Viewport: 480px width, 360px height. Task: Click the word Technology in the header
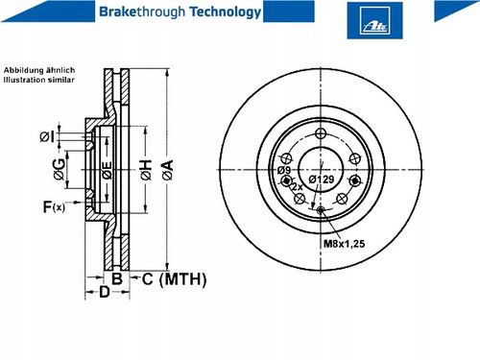tap(226, 12)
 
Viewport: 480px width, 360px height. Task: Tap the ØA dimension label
tap(168, 170)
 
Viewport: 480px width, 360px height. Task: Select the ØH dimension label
tap(146, 170)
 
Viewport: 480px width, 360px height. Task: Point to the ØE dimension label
tap(108, 170)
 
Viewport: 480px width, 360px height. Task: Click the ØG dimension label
tap(60, 169)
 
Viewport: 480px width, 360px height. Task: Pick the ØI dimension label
tap(47, 136)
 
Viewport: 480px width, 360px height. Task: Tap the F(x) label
tap(54, 207)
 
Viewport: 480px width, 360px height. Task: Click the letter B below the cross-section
tap(117, 278)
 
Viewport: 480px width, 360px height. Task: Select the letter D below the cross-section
tap(105, 292)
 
